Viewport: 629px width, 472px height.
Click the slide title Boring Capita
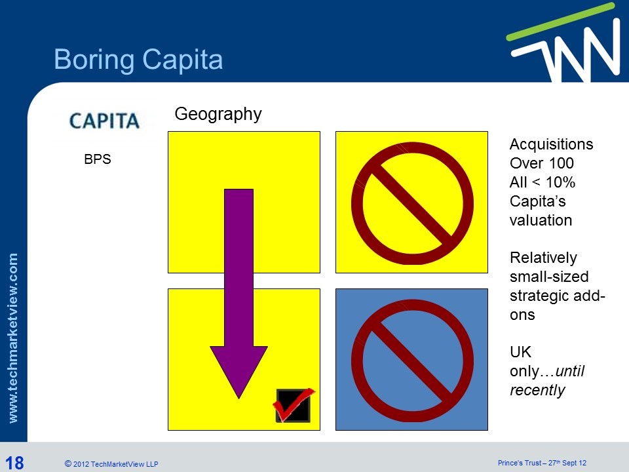[x=138, y=60]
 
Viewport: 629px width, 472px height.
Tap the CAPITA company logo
[x=104, y=121]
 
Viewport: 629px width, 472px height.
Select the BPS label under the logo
[x=98, y=159]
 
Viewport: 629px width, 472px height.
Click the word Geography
[x=218, y=114]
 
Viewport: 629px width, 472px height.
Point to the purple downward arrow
[x=238, y=294]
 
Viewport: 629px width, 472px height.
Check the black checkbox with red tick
[x=294, y=405]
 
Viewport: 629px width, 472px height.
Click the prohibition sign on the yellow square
[x=412, y=203]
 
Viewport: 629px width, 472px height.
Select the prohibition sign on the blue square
[x=412, y=361]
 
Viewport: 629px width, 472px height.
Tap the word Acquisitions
[x=551, y=144]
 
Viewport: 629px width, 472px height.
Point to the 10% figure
[x=560, y=182]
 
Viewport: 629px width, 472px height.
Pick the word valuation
[x=541, y=220]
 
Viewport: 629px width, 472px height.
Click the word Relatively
[x=543, y=258]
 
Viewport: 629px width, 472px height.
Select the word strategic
[x=535, y=296]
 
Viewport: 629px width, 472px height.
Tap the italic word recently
[x=537, y=390]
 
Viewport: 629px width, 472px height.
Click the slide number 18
[x=14, y=462]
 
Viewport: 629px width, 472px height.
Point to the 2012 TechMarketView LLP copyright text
[x=111, y=464]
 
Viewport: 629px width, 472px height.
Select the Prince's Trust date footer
[x=542, y=463]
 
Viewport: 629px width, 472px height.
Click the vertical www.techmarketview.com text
[x=13, y=338]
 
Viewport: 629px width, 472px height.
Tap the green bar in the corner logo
[x=560, y=21]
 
